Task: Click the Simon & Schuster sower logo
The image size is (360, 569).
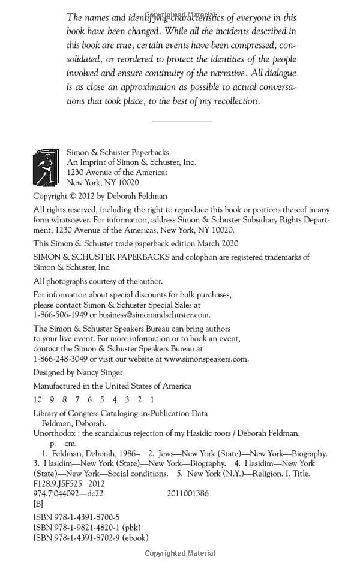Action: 46,167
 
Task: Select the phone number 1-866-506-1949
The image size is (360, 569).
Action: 60,315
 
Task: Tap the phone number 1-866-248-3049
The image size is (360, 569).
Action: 60,359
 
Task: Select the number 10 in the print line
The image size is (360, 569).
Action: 37,399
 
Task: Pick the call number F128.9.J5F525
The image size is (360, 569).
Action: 57,484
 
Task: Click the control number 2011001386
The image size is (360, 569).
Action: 188,494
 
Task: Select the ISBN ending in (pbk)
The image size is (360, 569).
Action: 87,528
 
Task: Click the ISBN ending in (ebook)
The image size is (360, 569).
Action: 91,538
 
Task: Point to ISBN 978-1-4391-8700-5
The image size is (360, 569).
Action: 76,517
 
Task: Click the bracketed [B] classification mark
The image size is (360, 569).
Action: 38,504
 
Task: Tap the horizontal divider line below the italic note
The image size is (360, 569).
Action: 181,122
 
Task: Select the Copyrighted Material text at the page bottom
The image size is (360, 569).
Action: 180,553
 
